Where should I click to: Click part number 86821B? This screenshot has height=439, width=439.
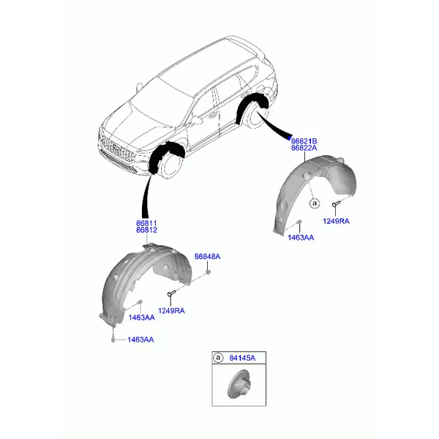coord(304,141)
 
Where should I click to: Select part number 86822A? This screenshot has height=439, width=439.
coord(304,148)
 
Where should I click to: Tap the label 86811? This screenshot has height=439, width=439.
coord(146,223)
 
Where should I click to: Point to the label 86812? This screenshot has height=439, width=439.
coord(146,230)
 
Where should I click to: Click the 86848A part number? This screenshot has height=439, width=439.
coord(208,257)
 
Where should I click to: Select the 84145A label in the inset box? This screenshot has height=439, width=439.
coord(242,358)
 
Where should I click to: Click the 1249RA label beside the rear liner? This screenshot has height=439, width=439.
coord(336,221)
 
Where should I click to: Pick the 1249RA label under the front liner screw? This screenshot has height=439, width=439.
coord(171,311)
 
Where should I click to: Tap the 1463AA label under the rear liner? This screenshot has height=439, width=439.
coord(301,238)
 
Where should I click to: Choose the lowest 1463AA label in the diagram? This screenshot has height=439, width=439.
coord(140,339)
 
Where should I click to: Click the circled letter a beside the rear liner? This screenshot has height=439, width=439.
coord(315,203)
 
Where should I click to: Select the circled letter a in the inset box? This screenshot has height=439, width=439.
coord(218,358)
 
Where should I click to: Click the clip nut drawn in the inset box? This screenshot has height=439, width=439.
coord(239,384)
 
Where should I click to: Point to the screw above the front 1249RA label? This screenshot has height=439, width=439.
coord(171,293)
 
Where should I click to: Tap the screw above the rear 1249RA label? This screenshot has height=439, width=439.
coord(336,203)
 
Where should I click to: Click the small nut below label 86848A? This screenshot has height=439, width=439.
coord(209,271)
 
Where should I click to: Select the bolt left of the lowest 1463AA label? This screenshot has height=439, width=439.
coord(113,339)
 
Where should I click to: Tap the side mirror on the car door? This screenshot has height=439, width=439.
coord(197,120)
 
